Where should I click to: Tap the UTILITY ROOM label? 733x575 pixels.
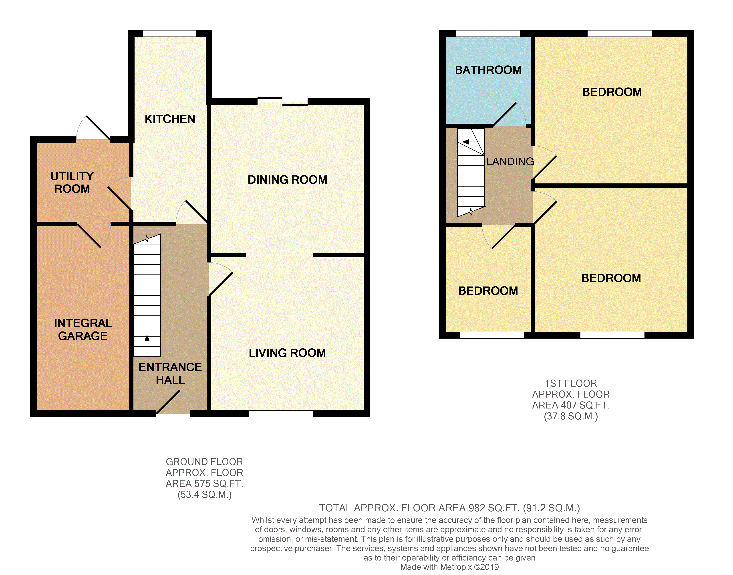click(x=72, y=182)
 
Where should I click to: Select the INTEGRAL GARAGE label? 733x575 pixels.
click(x=83, y=329)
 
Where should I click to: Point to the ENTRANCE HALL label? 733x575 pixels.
click(x=170, y=373)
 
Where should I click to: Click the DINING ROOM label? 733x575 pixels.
click(x=287, y=180)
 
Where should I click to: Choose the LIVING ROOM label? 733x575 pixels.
click(x=287, y=353)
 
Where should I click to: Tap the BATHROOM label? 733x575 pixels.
click(x=488, y=70)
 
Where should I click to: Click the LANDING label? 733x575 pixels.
click(x=510, y=162)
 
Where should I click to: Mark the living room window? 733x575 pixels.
click(x=280, y=414)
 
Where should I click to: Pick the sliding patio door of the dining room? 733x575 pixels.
click(x=282, y=101)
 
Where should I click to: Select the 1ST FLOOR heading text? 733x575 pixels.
click(x=571, y=384)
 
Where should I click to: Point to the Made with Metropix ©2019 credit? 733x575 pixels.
click(x=449, y=567)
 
